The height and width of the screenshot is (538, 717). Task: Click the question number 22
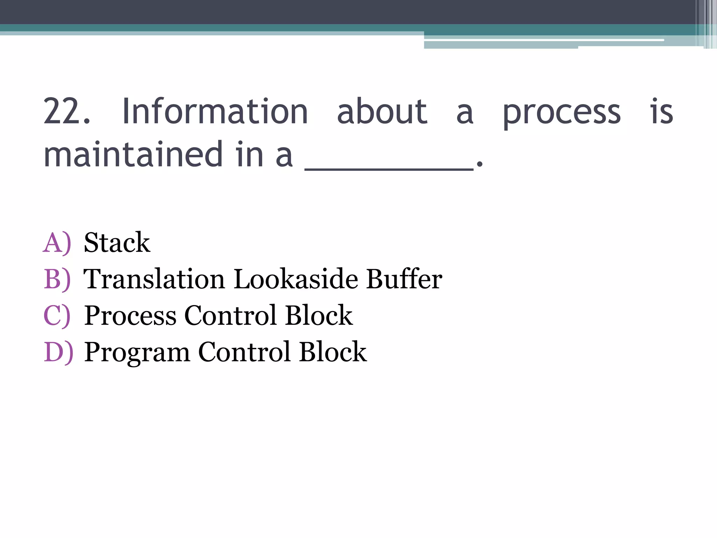coord(67,112)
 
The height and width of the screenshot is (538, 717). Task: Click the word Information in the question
coord(215,112)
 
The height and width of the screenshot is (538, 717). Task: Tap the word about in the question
coord(382,112)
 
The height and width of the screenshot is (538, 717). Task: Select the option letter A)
coord(57,243)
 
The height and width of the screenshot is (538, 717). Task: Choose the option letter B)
coord(57,279)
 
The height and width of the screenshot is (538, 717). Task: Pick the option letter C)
coord(57,316)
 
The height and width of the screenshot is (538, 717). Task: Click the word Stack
coord(117,242)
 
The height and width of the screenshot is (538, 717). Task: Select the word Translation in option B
coord(154,279)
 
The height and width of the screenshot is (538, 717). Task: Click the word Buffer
coord(404,279)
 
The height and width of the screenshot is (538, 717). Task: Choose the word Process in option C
coord(130,316)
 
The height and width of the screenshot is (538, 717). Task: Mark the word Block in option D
coord(333,352)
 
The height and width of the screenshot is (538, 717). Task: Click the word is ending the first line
coord(661,112)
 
